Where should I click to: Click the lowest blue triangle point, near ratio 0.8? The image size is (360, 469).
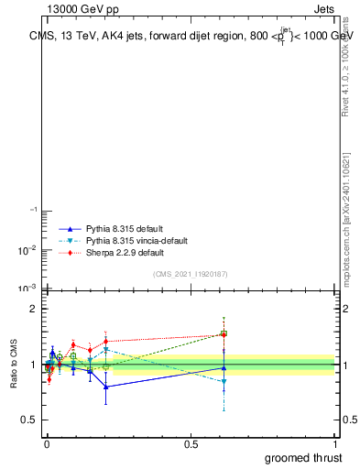point(106,387)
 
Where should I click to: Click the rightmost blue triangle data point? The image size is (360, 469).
point(224,367)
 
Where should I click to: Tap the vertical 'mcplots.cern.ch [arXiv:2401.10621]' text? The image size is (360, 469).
point(345,220)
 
